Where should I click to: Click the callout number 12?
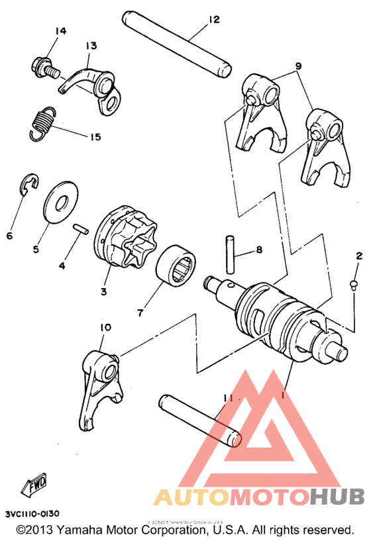(x=213, y=20)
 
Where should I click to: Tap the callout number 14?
(x=61, y=31)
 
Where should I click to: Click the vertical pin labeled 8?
(x=231, y=252)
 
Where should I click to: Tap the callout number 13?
(x=90, y=46)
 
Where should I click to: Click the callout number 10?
(x=105, y=328)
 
